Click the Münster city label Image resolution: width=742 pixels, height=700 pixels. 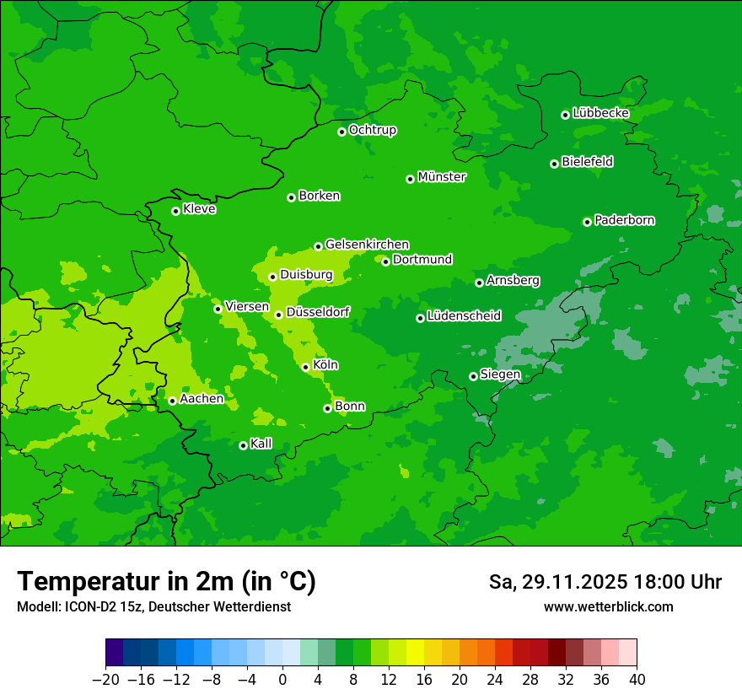coord(442,177)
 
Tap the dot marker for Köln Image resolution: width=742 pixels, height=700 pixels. coord(305,367)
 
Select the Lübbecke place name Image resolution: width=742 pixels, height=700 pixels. coord(600,113)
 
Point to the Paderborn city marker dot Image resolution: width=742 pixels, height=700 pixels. coord(587,222)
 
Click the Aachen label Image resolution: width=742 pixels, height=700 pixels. coord(202,399)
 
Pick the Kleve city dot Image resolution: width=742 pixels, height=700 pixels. coord(175,211)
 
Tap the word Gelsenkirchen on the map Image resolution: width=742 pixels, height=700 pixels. coord(367,245)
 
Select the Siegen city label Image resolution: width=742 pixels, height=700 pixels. coord(500,374)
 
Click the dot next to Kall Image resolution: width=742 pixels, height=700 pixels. coord(243,445)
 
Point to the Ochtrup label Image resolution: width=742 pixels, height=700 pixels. coord(372,130)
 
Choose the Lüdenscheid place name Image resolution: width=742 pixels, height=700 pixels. coord(464,316)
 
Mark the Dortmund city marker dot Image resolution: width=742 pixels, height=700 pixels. coord(385,261)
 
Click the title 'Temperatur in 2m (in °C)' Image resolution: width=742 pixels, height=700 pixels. coord(166,582)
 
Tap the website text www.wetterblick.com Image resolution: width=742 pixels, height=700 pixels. coord(608,607)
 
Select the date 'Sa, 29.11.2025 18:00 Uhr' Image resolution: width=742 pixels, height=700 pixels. coord(605,582)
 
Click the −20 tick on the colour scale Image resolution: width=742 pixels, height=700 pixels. coord(105,679)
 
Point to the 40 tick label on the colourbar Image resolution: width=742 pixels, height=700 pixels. coord(637,679)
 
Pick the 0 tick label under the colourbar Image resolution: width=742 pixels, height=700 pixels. coord(282,679)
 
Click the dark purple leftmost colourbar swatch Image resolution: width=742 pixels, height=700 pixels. coord(114,653)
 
